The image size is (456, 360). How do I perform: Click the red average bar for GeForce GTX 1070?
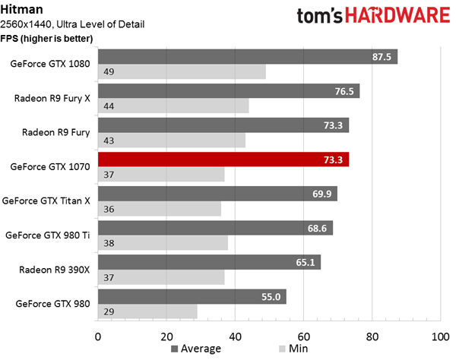(x=223, y=159)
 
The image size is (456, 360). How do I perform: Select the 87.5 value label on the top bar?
(x=382, y=57)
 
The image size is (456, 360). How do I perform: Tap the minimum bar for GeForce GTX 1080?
(x=182, y=71)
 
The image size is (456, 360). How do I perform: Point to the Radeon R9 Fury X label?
(x=52, y=98)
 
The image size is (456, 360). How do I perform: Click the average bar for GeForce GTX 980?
(x=192, y=296)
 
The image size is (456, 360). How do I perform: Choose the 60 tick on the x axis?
(x=303, y=336)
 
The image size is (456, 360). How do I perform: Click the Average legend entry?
(x=196, y=349)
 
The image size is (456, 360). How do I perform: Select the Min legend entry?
(x=293, y=349)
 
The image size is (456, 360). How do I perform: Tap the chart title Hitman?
(x=21, y=10)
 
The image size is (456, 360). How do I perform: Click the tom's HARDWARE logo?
(x=373, y=15)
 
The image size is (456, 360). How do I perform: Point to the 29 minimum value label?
(x=109, y=311)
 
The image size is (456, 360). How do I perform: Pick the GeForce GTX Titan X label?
(x=46, y=201)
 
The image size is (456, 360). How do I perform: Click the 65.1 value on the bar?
(x=306, y=262)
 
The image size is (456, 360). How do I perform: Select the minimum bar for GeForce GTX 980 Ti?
(x=163, y=243)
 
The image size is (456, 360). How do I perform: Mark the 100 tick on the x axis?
(x=440, y=336)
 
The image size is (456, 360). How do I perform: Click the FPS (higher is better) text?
(x=46, y=38)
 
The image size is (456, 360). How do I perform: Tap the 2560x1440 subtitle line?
(x=72, y=24)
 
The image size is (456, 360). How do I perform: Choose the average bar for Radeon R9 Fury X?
(x=229, y=91)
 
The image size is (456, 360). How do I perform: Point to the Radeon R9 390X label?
(x=55, y=270)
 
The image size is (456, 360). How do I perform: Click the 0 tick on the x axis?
(x=98, y=336)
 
